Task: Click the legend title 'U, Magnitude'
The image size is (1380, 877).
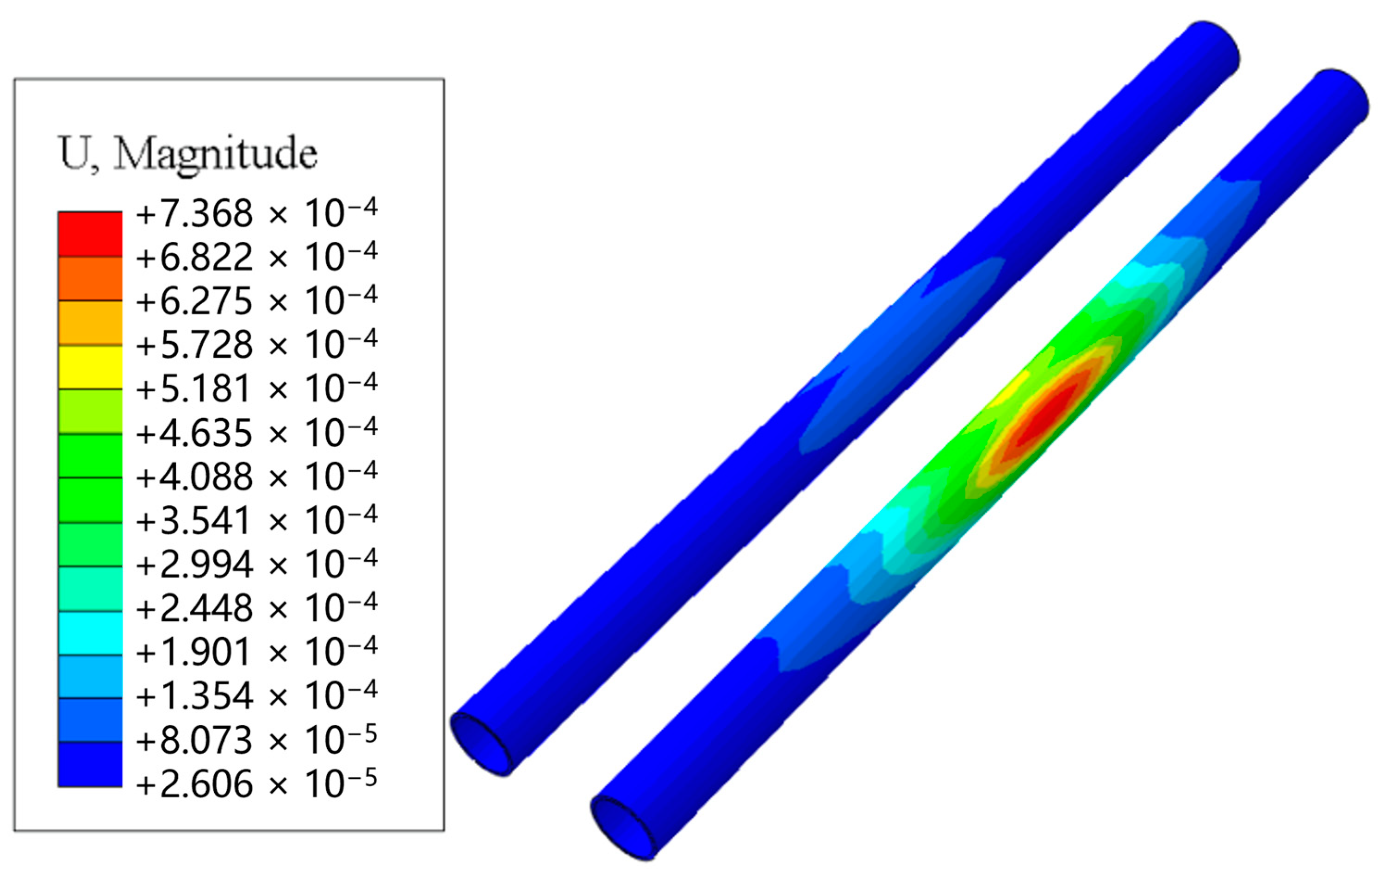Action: coord(188,153)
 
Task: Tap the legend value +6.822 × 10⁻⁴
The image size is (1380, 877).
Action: coord(257,257)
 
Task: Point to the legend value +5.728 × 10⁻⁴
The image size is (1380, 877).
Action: coord(257,345)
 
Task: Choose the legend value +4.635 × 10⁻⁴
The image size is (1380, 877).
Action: coord(257,432)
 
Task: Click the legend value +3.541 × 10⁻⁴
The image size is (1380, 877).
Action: coord(257,520)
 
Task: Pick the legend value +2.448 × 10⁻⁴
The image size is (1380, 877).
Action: coord(257,608)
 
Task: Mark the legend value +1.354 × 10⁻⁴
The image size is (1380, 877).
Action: coord(257,696)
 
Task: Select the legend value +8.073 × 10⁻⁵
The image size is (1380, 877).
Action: coord(257,740)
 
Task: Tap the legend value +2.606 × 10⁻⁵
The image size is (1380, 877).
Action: coord(257,783)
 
